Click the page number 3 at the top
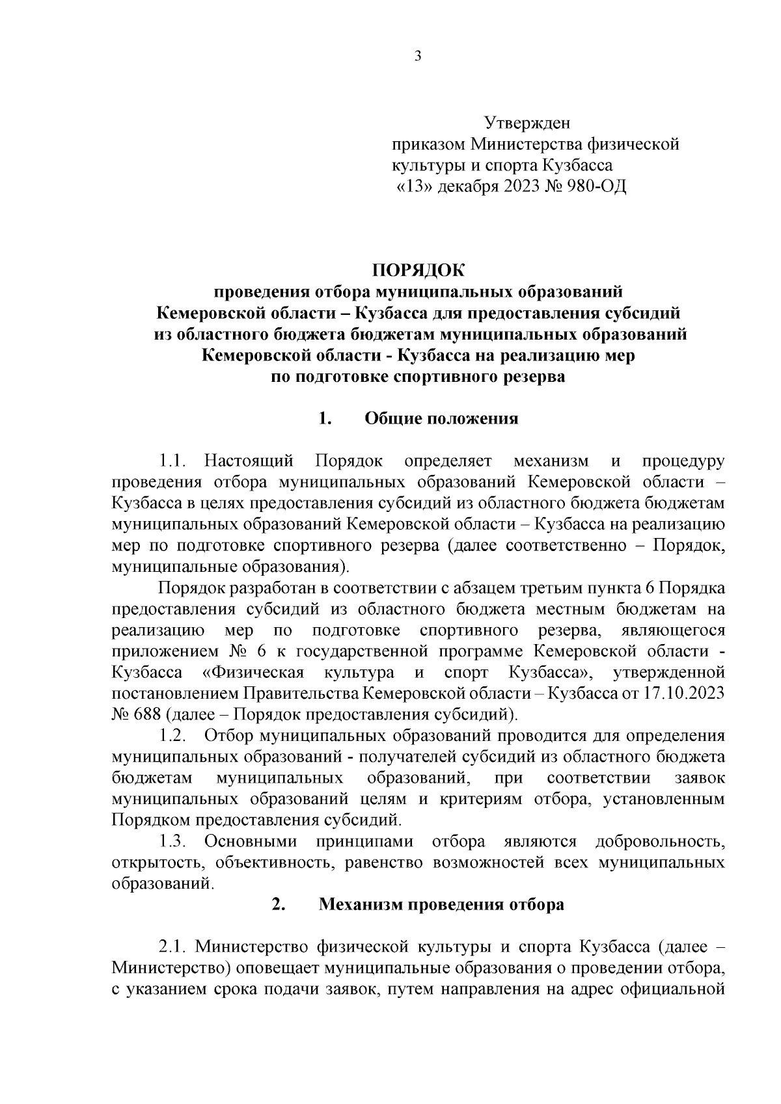418,57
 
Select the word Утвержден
527,122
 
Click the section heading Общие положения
441,418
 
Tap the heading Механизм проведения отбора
441,904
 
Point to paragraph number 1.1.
173,461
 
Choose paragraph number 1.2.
173,736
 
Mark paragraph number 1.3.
173,841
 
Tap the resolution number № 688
136,715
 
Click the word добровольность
660,841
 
